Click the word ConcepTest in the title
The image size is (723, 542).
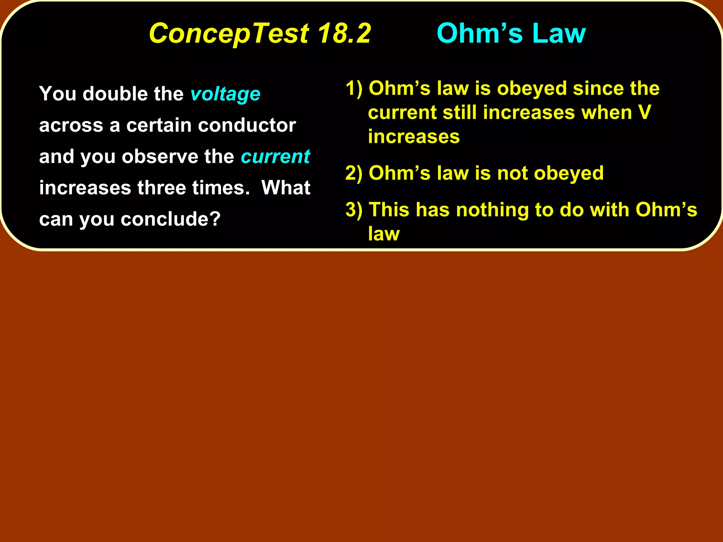(229, 34)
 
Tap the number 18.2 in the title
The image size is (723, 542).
(344, 34)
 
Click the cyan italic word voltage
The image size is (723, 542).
(225, 94)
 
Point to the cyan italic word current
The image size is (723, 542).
(275, 157)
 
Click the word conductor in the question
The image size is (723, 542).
(247, 125)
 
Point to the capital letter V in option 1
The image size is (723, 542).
(645, 113)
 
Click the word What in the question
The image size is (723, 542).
(286, 188)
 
